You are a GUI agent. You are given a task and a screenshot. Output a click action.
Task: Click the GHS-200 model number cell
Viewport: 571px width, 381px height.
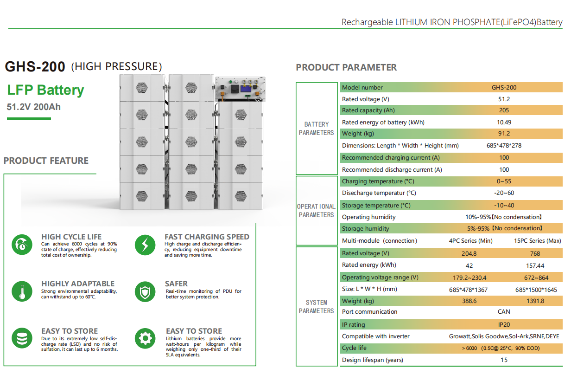tap(504, 88)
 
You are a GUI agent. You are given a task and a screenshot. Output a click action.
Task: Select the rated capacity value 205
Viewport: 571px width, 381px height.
tap(504, 110)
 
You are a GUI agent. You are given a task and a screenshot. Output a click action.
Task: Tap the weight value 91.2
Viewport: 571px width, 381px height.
tap(504, 134)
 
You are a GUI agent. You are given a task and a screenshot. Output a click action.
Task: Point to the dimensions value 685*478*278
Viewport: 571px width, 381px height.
tap(504, 145)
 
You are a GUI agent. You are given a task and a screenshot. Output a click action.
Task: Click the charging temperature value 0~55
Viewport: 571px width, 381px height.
tap(504, 181)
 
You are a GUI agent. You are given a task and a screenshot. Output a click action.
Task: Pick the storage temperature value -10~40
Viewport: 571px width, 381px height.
tap(504, 206)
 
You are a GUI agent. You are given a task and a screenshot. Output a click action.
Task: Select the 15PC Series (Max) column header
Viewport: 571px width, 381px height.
tap(537, 241)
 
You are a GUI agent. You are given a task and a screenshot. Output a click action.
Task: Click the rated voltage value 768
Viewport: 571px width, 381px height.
tap(535, 254)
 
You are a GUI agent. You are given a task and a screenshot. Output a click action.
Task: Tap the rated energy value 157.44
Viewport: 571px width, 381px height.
tap(535, 265)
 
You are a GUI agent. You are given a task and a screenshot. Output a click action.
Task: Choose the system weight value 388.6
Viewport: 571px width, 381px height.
tap(469, 301)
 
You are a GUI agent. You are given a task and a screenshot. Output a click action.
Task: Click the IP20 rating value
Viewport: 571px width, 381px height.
tap(504, 324)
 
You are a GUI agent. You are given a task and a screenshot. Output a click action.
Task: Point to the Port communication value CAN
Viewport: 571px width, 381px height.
tap(504, 311)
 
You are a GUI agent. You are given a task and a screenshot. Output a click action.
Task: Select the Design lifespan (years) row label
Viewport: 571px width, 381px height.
tap(373, 360)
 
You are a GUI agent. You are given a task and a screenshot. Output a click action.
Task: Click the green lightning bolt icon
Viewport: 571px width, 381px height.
tap(145, 245)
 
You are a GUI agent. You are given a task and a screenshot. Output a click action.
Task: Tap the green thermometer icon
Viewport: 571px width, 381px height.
tap(22, 292)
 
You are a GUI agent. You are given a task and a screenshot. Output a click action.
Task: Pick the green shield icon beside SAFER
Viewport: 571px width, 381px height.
tap(145, 292)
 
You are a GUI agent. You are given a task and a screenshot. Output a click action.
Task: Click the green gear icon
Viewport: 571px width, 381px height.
tap(145, 338)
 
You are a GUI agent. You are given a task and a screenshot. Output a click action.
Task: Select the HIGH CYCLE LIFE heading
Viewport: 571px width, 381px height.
tap(71, 237)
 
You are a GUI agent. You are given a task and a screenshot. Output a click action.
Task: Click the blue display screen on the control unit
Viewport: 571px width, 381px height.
tap(246, 89)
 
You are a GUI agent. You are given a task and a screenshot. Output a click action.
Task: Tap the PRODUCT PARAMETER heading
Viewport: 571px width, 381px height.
tap(346, 67)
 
